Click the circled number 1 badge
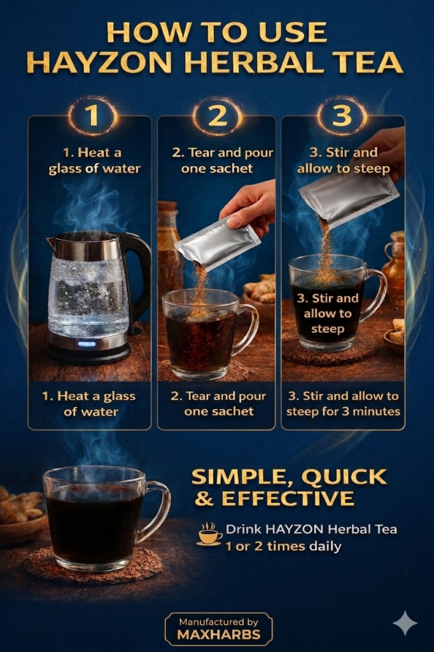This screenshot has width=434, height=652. click(92, 115)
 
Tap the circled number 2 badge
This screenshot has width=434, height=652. click(217, 115)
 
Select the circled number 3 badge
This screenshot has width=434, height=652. click(342, 115)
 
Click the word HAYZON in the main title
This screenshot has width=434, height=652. click(101, 63)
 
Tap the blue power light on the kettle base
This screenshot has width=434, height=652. click(86, 344)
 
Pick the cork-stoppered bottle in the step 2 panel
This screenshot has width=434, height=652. click(168, 250)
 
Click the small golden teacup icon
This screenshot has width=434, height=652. click(209, 534)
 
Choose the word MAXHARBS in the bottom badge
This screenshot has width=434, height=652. click(219, 634)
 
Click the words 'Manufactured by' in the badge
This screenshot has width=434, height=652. click(219, 621)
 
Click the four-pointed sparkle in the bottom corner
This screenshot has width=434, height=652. click(405, 623)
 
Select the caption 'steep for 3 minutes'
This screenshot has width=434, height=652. click(343, 411)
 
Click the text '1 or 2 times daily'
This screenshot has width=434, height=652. click(283, 546)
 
